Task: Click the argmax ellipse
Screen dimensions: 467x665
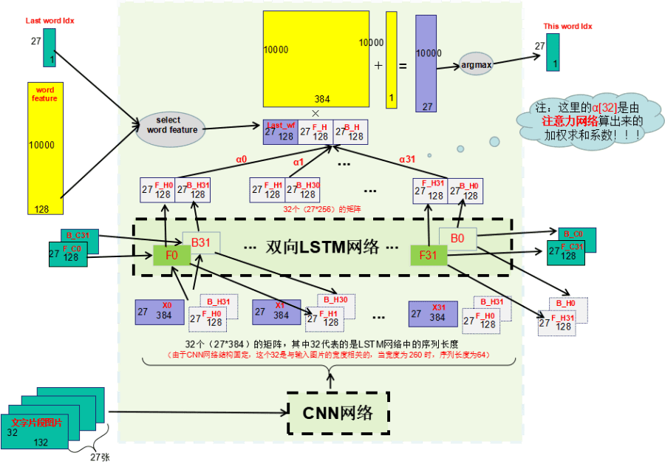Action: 476,64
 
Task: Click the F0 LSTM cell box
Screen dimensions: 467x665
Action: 171,256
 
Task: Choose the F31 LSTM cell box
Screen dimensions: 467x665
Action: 429,256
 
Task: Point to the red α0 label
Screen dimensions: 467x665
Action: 241,160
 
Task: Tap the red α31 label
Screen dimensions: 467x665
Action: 407,159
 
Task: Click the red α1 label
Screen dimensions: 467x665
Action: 299,161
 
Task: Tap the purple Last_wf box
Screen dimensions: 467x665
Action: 280,132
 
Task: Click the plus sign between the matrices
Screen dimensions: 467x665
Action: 378,65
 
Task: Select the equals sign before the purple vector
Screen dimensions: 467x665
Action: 403,66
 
